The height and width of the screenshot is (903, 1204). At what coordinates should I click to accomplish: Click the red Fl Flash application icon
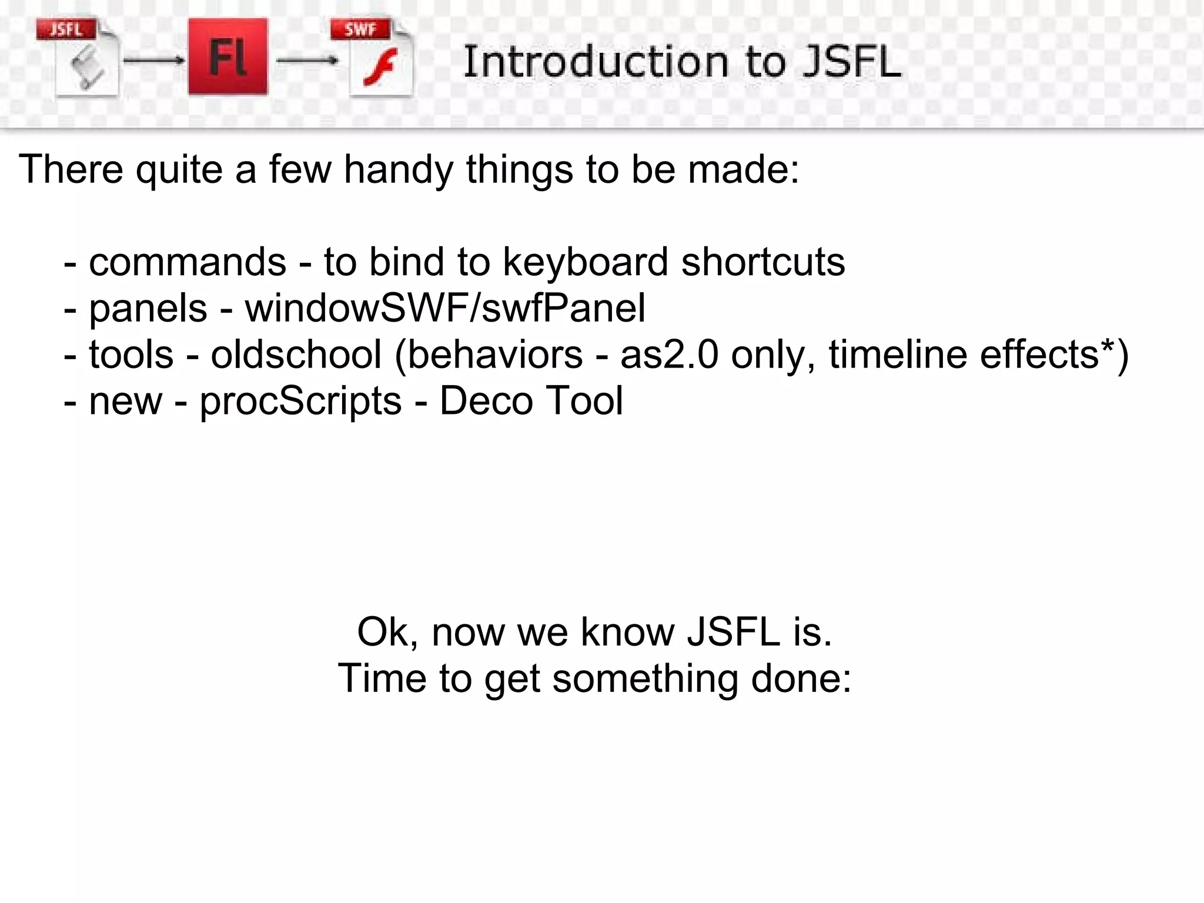pos(228,56)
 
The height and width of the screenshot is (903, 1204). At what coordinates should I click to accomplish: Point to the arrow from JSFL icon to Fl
pos(154,60)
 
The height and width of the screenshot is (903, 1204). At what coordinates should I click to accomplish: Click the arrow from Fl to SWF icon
pos(307,60)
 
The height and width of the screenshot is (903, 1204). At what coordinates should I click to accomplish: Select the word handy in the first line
pos(399,170)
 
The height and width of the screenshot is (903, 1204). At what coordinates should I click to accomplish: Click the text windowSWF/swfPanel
pos(445,308)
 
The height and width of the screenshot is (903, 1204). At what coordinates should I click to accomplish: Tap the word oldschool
pos(296,354)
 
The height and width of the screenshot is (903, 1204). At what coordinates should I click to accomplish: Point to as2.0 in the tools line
pos(669,354)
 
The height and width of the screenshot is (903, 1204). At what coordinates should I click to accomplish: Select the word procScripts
pos(300,401)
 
